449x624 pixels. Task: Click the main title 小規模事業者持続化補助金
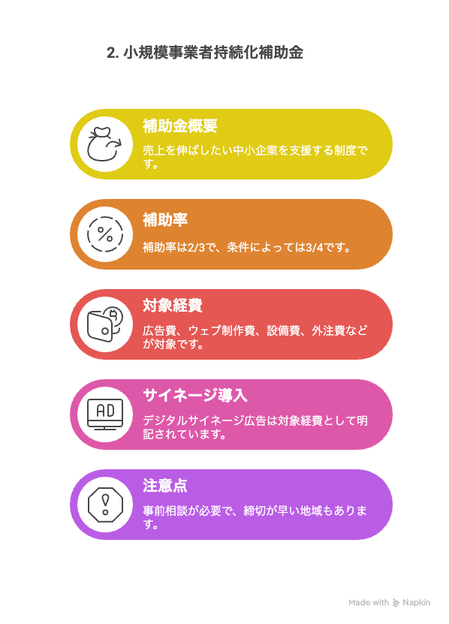click(213, 53)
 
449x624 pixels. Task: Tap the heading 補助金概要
click(180, 125)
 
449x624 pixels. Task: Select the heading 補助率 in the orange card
click(165, 220)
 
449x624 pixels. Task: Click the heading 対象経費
click(173, 306)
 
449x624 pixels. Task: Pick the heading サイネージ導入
click(195, 396)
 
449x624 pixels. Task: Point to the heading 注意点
click(165, 486)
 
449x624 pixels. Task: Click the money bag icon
click(104, 144)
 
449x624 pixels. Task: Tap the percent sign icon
click(105, 234)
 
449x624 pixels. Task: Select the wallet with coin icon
click(105, 324)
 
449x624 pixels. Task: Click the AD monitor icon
click(105, 414)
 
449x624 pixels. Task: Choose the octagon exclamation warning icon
click(105, 505)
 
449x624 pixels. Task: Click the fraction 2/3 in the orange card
click(196, 248)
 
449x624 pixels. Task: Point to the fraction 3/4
click(315, 248)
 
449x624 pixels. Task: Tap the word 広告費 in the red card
click(160, 330)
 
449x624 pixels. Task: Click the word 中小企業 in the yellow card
click(255, 150)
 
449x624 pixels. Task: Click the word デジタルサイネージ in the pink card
click(194, 421)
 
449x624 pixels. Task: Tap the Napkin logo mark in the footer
click(396, 603)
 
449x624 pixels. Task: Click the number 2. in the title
click(113, 53)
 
